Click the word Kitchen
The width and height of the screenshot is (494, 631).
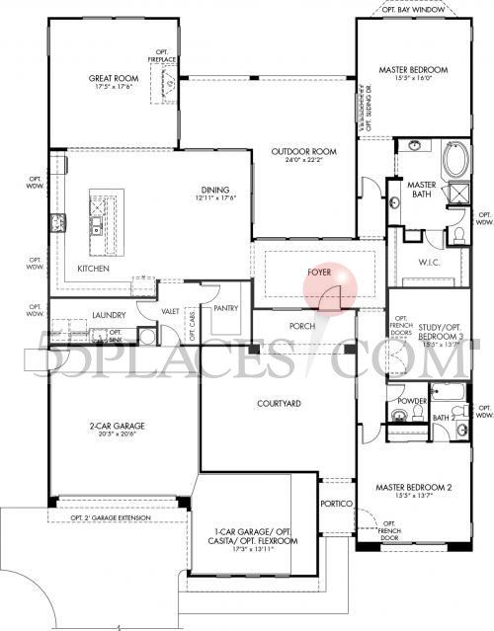coord(92,269)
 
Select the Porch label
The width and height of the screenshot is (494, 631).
coord(301,326)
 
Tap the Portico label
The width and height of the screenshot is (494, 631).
coord(337,504)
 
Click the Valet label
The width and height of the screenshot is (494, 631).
coord(171,311)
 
